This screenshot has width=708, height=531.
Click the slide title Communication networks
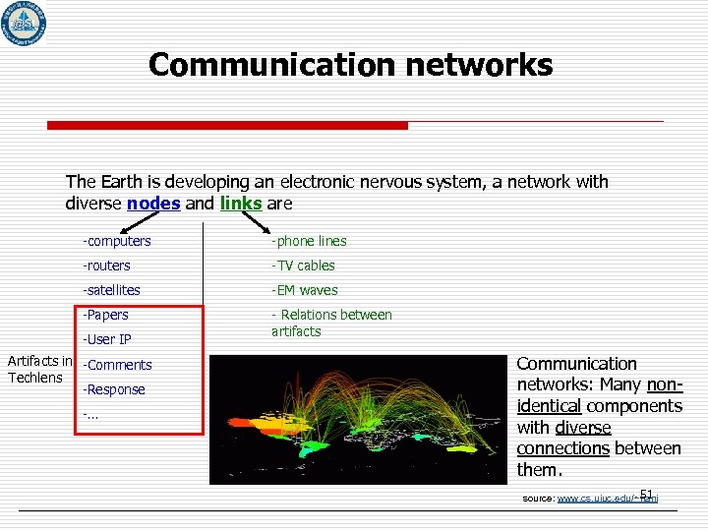tap(350, 65)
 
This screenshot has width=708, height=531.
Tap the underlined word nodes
tap(152, 204)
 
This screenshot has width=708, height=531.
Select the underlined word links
tap(241, 204)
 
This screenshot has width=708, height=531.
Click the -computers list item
tap(117, 241)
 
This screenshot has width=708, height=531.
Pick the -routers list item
tap(107, 265)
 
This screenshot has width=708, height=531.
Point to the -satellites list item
tap(112, 290)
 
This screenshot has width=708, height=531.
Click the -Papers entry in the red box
tap(106, 315)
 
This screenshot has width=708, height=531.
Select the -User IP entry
tap(108, 340)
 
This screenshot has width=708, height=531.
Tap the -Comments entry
tap(118, 365)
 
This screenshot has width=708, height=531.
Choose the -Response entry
tap(114, 389)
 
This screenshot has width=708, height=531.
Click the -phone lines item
tap(309, 241)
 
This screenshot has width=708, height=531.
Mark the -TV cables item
tap(303, 265)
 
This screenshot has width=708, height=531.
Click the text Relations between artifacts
tap(331, 324)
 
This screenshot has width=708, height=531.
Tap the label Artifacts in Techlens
tap(39, 371)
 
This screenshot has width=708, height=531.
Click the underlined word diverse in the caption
tap(582, 428)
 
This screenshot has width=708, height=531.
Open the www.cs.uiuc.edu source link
tap(607, 499)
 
